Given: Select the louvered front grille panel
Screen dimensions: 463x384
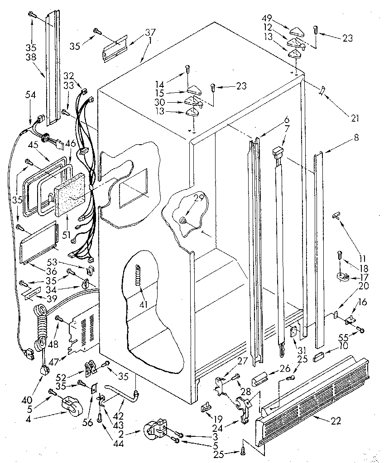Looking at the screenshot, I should click(312, 398).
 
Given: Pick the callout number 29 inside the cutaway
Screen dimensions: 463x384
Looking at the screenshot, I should click(198, 198).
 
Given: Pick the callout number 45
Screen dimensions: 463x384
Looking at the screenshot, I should click(33, 145).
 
